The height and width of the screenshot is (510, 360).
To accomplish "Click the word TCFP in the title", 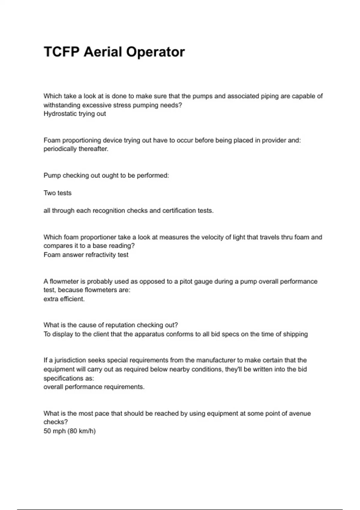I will click(61, 52).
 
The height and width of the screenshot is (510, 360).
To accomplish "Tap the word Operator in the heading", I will click(155, 52).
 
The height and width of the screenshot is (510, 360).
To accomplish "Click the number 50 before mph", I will click(47, 431).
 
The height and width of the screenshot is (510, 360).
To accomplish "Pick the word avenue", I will click(300, 413).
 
